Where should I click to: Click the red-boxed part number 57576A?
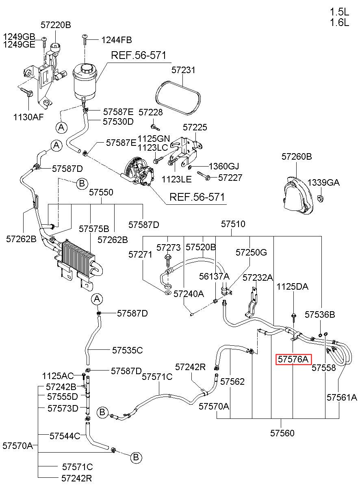[x=293, y=359]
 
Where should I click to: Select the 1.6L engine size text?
[x=339, y=22]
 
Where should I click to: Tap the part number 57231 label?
[x=183, y=70]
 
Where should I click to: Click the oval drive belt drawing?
[x=178, y=98]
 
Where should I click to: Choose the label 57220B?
[x=56, y=25]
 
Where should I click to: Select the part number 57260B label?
[x=297, y=156]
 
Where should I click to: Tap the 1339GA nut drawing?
[x=321, y=198]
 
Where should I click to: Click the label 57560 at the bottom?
[x=282, y=433]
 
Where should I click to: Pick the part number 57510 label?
[x=233, y=224]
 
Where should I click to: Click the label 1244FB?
[x=117, y=40]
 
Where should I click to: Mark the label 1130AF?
[x=28, y=117]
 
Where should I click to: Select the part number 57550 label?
[x=101, y=193]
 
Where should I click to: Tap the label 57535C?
[x=128, y=350]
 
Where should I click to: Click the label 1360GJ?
[x=224, y=166]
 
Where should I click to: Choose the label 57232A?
[x=258, y=278]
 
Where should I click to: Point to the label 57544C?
[x=65, y=436]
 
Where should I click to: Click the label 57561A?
[x=342, y=397]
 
